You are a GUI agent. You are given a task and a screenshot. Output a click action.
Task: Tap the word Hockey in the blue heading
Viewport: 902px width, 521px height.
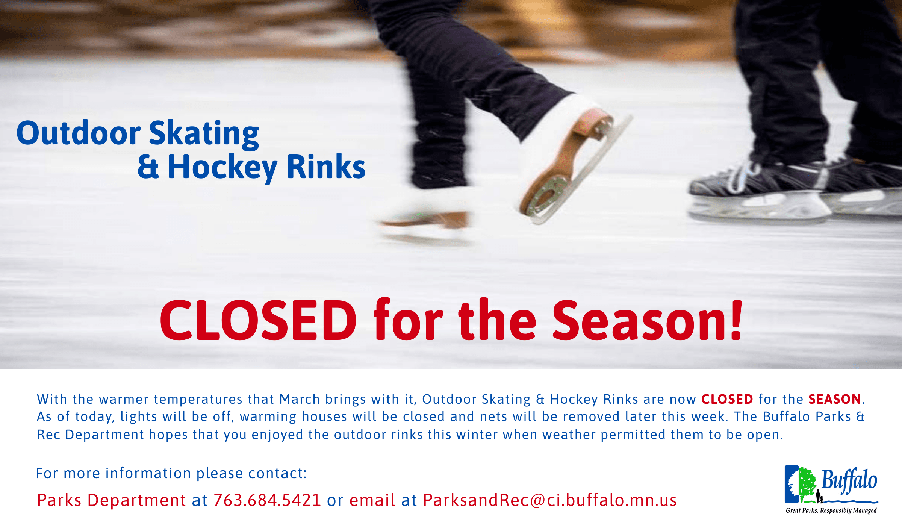pos(222,167)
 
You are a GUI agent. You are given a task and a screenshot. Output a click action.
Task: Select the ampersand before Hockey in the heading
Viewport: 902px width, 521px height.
pos(148,167)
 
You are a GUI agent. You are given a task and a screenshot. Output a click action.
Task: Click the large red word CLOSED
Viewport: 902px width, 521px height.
pos(258,320)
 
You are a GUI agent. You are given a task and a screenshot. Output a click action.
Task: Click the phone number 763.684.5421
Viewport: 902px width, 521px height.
pos(267,500)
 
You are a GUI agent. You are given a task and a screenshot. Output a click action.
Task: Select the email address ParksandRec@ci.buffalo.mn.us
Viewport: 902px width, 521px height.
pos(550,500)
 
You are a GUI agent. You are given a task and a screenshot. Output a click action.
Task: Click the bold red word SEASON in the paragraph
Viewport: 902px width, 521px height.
pos(835,399)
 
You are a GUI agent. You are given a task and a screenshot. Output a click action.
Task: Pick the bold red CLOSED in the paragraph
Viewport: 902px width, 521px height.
pos(727,399)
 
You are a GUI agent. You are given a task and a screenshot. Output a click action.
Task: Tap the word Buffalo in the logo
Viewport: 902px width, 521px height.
pos(849,481)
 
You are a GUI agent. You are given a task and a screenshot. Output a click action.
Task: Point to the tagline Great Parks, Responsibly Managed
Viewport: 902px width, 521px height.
pos(831,510)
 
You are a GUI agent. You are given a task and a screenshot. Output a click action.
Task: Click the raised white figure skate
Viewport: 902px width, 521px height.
pos(564,158)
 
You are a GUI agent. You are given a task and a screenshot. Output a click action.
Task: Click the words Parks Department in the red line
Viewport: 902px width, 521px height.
pos(111,500)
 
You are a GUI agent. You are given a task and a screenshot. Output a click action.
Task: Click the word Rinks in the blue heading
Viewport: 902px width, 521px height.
pos(326,167)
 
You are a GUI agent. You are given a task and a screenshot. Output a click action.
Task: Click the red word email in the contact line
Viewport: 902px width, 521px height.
pos(372,500)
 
